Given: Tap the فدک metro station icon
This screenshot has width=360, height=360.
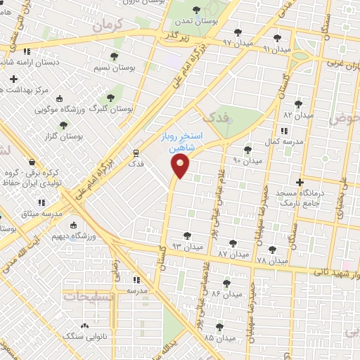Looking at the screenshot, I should tap(134, 152).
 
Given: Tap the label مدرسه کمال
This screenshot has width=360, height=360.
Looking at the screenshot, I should tap(287, 141).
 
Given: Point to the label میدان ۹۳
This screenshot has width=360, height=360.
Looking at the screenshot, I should tap(186, 246).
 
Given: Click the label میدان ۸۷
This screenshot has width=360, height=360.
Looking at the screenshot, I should tap(232, 253).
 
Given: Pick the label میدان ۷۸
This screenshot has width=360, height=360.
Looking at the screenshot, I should tap(272, 261).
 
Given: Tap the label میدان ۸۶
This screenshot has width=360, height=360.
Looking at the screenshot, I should tap(228, 294).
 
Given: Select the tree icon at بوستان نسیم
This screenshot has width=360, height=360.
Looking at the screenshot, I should tap(114, 56).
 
